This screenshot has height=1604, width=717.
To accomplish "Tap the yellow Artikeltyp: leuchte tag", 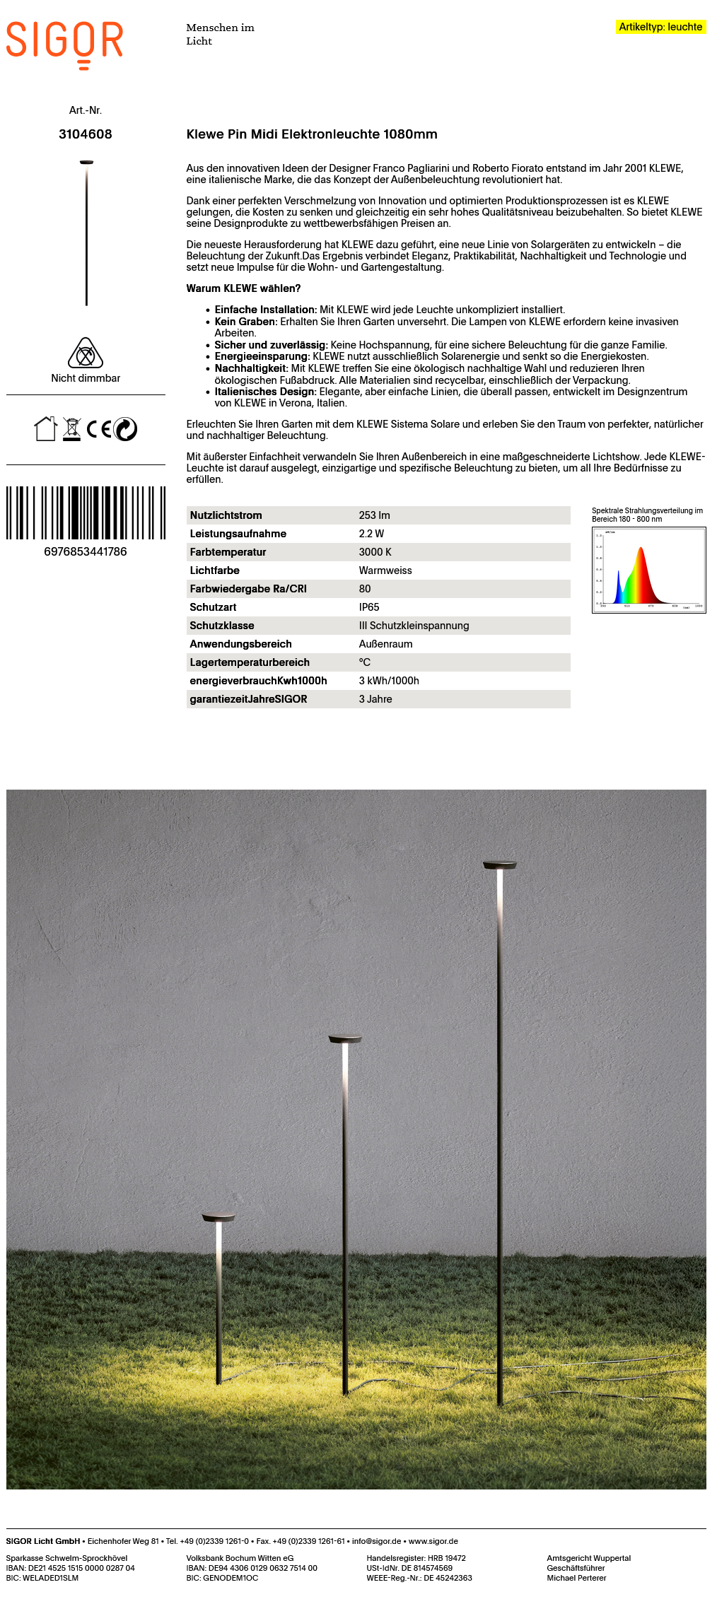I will pos(660,27).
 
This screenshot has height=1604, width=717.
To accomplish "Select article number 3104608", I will pos(86,134).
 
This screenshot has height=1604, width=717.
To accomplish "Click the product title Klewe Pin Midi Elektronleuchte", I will pos(312,134).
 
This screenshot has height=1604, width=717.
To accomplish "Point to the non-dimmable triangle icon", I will pos(86,353).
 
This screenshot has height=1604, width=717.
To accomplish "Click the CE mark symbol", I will pos(99,429).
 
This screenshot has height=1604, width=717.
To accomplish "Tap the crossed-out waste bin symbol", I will pos(71,429).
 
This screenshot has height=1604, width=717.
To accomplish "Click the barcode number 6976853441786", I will pos(86,551).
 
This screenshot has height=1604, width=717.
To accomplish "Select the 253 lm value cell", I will pos(374,515).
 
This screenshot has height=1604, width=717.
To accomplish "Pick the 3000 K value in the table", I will pos(375,552).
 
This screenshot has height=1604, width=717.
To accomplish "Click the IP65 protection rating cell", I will pos(369,607).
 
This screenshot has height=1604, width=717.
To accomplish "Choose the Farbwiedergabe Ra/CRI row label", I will pos(248,589).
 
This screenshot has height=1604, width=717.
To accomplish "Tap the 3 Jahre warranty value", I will pos(375,699).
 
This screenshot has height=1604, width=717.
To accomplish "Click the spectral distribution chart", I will pos(648,570).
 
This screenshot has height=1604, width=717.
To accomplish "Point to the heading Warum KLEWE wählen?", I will pos(243,288).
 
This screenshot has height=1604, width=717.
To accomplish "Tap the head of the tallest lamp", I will pos(499,864).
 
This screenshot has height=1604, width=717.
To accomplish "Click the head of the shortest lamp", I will pos(218,1217).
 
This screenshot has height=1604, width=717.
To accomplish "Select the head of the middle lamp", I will pos(345,1038).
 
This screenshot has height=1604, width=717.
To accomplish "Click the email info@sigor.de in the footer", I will pos(376,1541).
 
